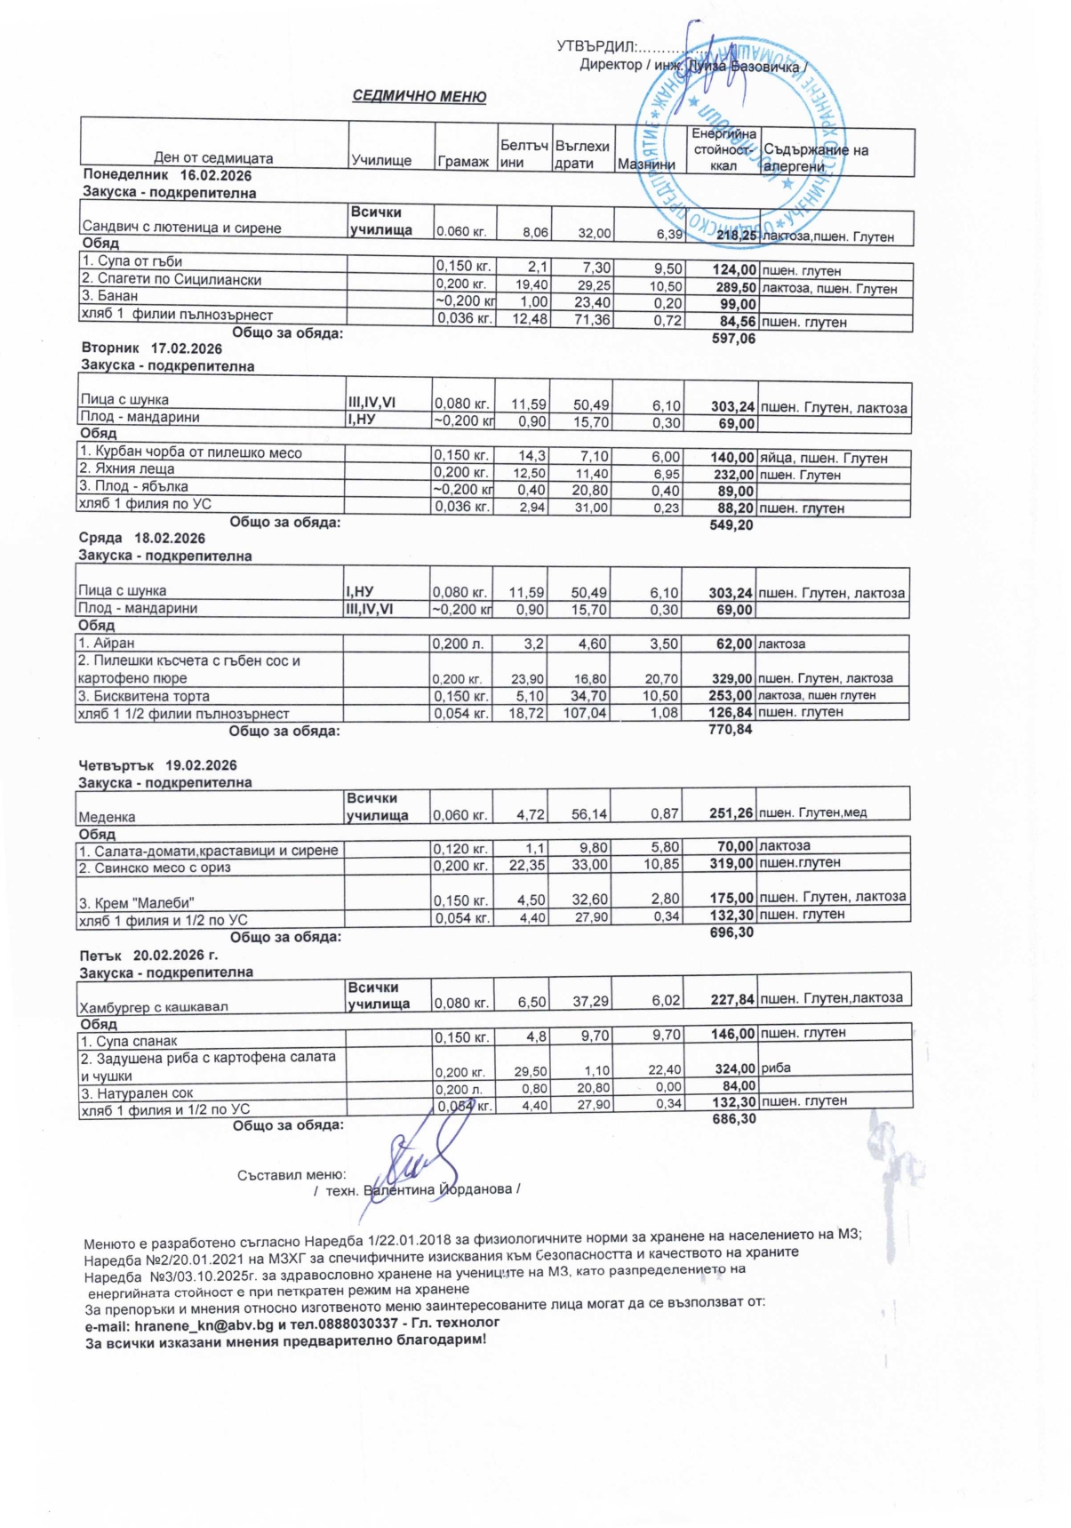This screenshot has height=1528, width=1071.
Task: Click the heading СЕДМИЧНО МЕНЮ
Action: (420, 97)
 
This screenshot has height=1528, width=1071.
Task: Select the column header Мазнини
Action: (646, 164)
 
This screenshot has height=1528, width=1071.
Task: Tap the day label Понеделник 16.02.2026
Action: (167, 176)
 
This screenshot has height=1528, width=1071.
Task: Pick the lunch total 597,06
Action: (734, 339)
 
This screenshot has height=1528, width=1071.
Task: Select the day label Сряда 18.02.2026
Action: (142, 539)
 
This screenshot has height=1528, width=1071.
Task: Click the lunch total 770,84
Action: (731, 730)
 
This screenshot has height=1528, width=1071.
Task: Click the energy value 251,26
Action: (731, 812)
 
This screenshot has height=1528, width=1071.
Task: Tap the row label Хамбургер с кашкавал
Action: (154, 1007)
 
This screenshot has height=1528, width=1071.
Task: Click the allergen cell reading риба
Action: (776, 1068)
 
